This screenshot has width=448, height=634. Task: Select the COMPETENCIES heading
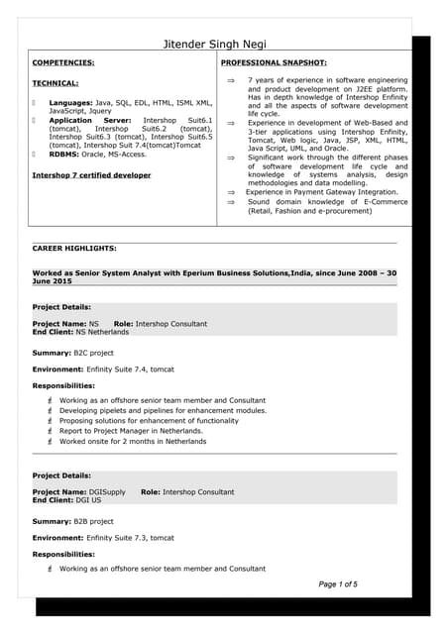66,62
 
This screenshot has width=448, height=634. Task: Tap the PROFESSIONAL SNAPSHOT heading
273,62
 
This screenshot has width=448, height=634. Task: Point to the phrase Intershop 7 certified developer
92,175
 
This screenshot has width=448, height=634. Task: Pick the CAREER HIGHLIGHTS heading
74,248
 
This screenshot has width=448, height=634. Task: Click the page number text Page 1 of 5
338,584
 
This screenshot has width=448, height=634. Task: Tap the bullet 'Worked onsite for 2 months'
133,442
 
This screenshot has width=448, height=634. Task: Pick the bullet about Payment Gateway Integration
322,192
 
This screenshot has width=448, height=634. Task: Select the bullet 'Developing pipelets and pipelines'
163,410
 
